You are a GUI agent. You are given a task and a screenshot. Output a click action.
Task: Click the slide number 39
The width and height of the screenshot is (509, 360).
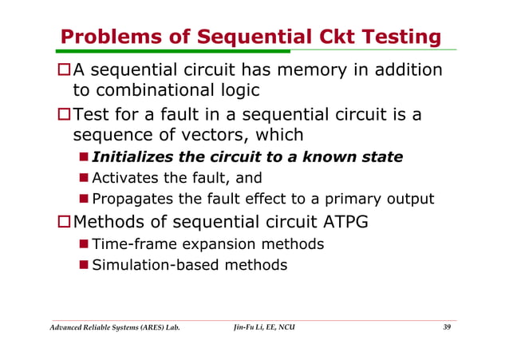pos(446,328)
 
